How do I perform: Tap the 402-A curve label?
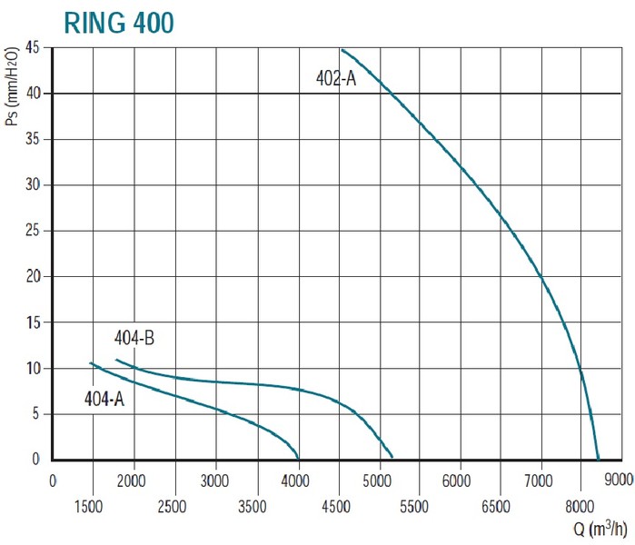click(x=336, y=78)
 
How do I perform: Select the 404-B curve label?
click(x=134, y=339)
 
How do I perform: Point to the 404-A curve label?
click(x=104, y=397)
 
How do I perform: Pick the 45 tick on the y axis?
click(x=34, y=47)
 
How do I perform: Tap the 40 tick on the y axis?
click(x=34, y=94)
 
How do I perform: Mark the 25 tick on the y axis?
click(x=34, y=231)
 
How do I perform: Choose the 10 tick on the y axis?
click(x=34, y=368)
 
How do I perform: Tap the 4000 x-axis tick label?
click(x=297, y=479)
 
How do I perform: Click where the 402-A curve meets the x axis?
click(x=599, y=459)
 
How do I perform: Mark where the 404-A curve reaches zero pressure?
click(x=298, y=459)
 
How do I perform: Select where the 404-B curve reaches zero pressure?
click(x=392, y=459)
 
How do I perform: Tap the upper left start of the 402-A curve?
click(x=342, y=50)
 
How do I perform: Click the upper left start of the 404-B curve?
click(x=116, y=361)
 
